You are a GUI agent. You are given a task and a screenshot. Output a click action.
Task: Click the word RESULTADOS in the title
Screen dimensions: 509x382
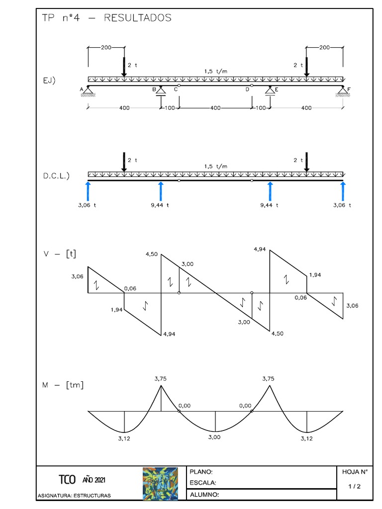point(137,18)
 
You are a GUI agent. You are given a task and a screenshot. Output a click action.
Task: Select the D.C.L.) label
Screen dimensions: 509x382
point(56,175)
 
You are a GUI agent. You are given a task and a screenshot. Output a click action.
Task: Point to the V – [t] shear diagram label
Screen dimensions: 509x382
point(59,254)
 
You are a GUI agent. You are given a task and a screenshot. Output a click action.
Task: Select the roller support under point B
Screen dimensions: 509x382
point(161,92)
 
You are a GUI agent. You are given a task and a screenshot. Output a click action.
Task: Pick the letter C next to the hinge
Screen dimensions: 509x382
point(176,89)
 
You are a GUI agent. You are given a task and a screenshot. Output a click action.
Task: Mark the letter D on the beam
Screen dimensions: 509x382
point(247,89)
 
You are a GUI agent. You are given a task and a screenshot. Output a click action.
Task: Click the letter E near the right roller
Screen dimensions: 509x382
point(277,89)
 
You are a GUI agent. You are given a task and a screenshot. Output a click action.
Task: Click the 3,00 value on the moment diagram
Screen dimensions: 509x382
point(214,437)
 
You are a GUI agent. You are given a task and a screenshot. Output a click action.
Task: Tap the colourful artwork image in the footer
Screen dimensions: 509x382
point(160,483)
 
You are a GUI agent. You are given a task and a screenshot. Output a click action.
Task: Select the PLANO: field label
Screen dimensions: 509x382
point(201,472)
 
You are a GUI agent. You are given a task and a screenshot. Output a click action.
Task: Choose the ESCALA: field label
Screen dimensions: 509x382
point(203,483)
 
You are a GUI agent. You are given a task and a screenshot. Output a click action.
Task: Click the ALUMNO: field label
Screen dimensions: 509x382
point(204,495)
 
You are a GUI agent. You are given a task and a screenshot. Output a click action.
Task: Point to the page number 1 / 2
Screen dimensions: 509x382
point(355,487)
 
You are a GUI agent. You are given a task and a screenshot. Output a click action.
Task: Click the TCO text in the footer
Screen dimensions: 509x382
point(67,480)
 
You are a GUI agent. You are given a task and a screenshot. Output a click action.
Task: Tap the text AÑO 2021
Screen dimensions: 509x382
point(94,480)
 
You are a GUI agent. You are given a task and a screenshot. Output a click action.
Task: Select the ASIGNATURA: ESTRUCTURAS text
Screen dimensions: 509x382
point(75,496)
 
